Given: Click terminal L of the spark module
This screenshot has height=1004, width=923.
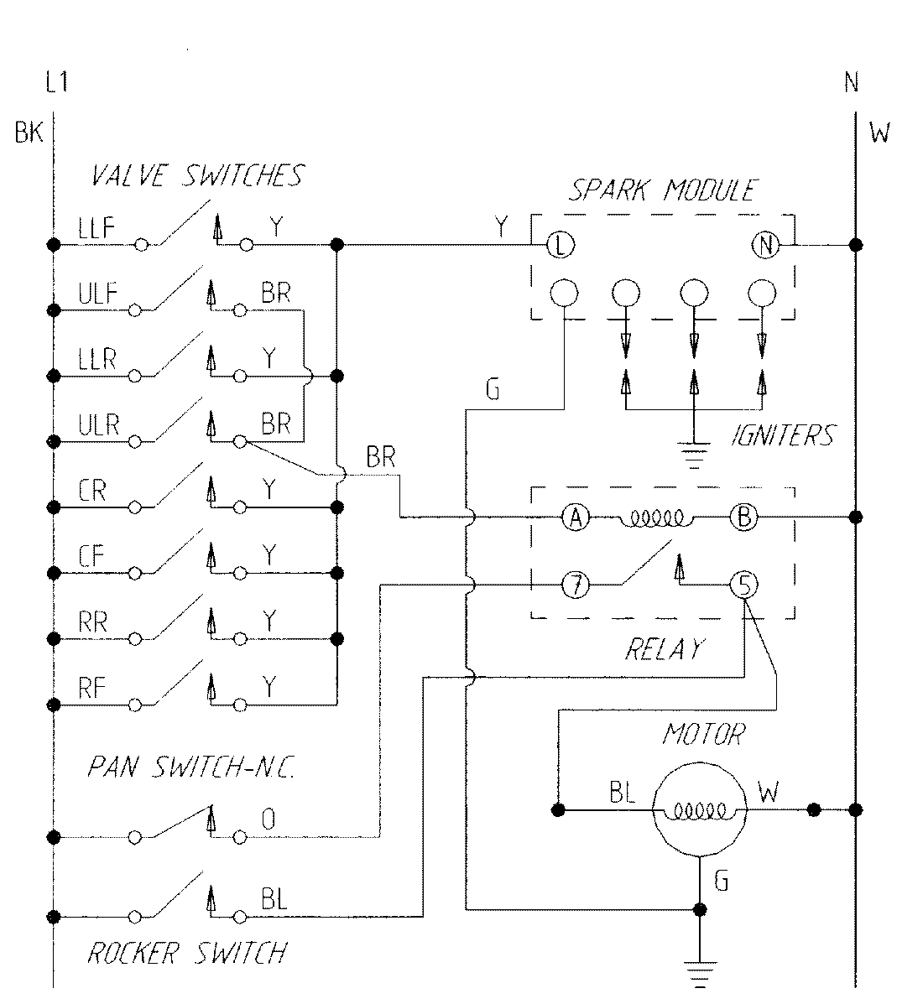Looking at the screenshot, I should tap(560, 245).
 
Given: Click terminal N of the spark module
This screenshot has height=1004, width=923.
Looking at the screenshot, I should tap(765, 245).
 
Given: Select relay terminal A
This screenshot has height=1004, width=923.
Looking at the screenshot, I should tap(576, 518).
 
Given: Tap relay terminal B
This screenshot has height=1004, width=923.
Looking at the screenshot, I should tap(743, 518).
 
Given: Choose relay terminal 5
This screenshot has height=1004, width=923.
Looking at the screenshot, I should tap(743, 585).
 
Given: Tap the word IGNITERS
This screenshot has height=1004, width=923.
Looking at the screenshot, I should tap(782, 436).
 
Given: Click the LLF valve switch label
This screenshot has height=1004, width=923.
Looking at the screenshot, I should tap(96, 229).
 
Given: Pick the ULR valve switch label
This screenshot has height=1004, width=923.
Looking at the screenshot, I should tap(98, 425).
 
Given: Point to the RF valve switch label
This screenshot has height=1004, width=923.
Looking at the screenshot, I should tap(92, 688).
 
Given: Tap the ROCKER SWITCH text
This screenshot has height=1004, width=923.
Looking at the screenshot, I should tap(187, 953).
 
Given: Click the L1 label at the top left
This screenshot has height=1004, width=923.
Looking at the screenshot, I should tap(56, 83).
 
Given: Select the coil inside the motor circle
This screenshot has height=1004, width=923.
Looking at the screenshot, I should tap(699, 811).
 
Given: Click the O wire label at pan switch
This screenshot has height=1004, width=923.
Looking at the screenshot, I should tap(268, 819).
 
